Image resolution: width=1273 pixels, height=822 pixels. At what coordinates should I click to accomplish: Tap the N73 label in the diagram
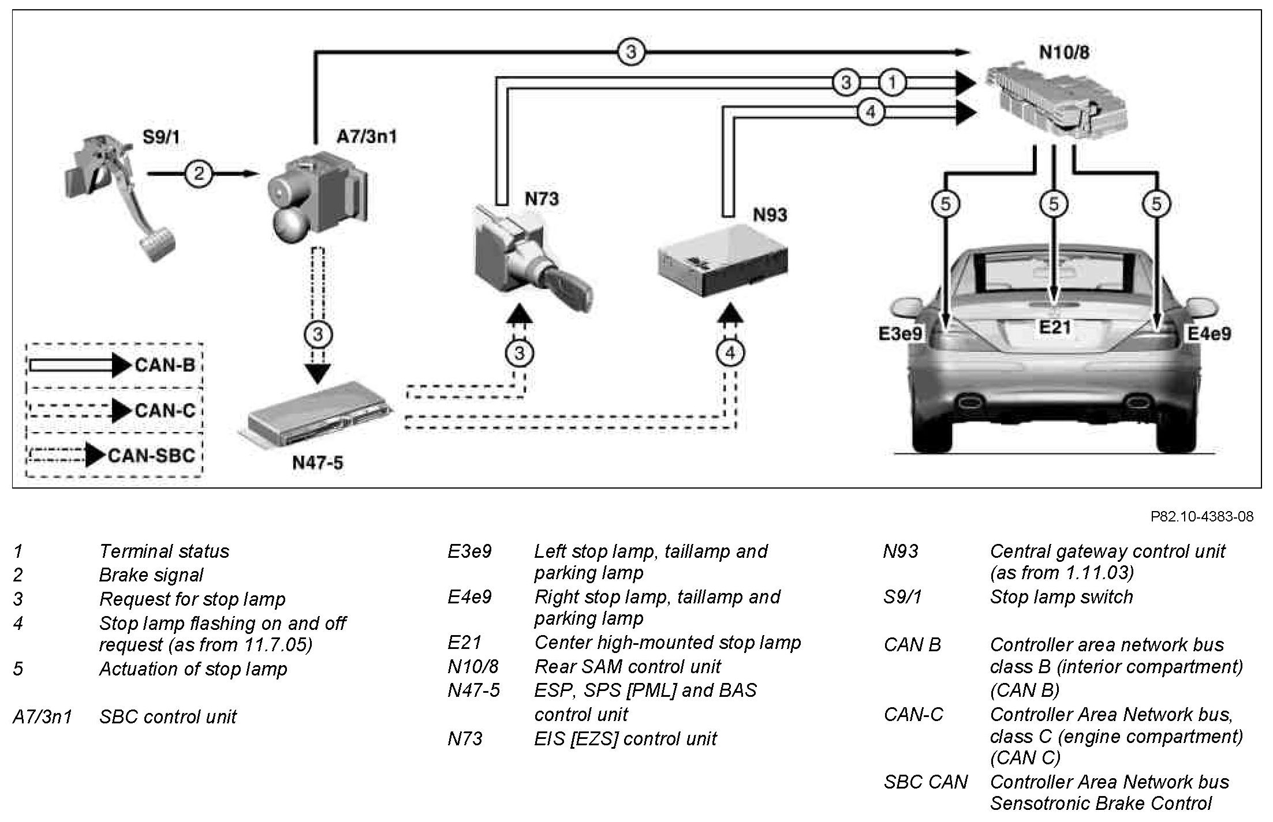[x=541, y=199]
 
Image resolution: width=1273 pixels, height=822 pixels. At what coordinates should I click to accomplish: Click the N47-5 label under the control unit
[x=318, y=462]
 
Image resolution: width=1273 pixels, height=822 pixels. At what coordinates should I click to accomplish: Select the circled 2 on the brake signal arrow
[x=199, y=173]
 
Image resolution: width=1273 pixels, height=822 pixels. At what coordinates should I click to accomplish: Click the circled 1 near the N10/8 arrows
[x=892, y=83]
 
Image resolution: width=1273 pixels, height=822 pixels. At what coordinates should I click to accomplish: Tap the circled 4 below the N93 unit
[x=730, y=352]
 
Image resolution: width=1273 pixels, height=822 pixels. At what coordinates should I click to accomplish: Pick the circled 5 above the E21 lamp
[x=1054, y=204]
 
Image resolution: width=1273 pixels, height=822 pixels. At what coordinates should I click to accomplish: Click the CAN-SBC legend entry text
[x=152, y=456]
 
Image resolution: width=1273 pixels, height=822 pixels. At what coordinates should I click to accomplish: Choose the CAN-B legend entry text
[x=165, y=365]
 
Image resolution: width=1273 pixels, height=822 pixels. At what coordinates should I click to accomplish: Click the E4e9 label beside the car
[x=1209, y=333]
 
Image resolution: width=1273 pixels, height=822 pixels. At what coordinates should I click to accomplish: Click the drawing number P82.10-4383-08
[x=1202, y=516]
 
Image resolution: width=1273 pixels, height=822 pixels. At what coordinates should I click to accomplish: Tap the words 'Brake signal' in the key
[x=151, y=575]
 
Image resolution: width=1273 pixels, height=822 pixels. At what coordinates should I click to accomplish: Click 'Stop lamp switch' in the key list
[x=1061, y=597]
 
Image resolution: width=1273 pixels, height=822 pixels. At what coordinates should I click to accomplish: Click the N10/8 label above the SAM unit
[x=1064, y=52]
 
